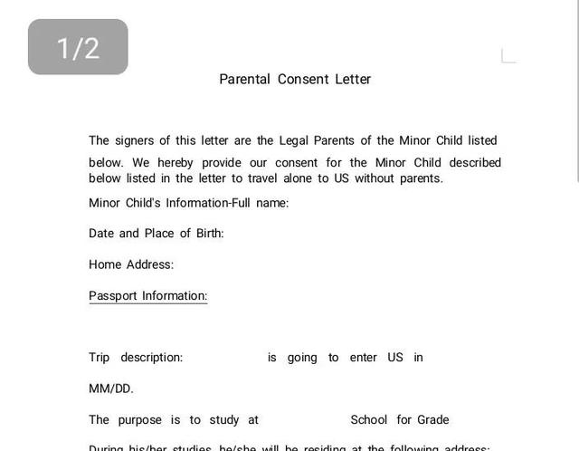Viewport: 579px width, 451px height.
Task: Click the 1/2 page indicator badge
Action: click(78, 47)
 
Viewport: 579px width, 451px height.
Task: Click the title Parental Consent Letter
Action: click(295, 79)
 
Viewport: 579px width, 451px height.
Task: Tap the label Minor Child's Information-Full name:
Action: click(188, 203)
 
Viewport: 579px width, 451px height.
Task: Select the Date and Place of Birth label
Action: click(156, 234)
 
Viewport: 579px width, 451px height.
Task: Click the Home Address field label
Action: click(131, 265)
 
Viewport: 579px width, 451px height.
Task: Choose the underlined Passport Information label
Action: click(147, 296)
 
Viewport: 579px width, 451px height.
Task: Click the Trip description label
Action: click(136, 358)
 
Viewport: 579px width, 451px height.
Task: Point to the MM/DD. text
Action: click(111, 389)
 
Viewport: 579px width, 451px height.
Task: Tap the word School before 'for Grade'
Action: click(369, 420)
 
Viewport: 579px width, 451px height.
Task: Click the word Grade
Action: click(433, 420)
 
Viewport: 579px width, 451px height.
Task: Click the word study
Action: click(224, 420)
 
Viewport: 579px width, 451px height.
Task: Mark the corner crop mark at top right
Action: click(508, 56)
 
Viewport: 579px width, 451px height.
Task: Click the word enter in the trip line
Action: click(363, 358)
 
